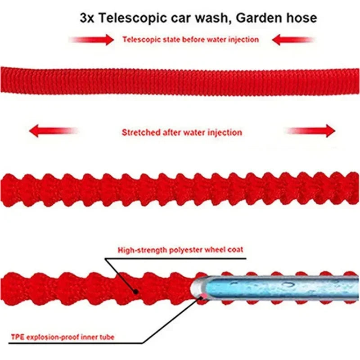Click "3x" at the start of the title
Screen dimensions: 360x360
click(x=86, y=18)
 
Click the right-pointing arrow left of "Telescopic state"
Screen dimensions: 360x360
click(x=92, y=40)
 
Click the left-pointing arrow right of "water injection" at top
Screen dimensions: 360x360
click(x=292, y=40)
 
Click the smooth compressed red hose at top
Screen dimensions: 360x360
click(x=180, y=81)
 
